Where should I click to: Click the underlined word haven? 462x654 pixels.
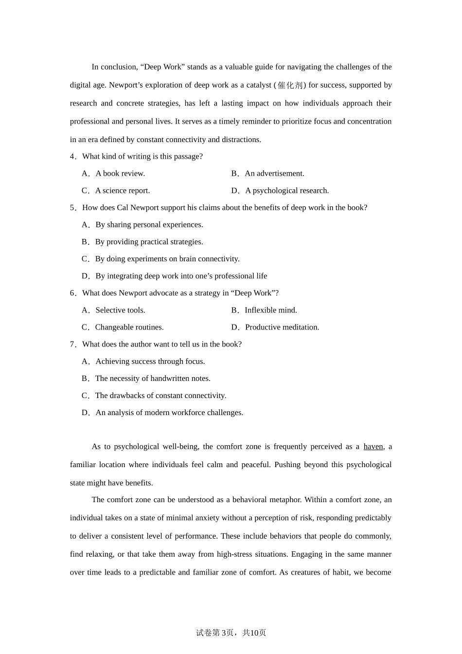pos(373,447)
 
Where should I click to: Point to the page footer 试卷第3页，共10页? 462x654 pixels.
pos(231,633)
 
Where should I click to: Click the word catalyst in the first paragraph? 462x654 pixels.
pos(259,85)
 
